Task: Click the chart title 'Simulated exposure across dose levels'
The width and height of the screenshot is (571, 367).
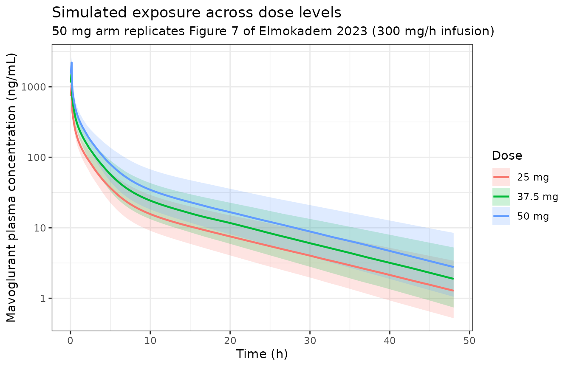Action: [x=197, y=13]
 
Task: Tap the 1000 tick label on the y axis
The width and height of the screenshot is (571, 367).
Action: [x=33, y=87]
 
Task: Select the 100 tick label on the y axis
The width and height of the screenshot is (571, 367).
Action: [x=36, y=158]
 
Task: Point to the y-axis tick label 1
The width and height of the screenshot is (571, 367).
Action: [x=43, y=299]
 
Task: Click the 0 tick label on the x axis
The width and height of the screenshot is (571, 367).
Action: [x=71, y=341]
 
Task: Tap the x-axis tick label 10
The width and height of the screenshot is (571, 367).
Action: [x=150, y=341]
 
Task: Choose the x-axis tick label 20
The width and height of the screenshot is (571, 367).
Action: [x=230, y=341]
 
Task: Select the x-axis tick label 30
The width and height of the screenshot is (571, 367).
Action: [x=310, y=341]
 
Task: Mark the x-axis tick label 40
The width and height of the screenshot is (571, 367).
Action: [x=390, y=341]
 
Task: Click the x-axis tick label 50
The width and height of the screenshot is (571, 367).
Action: [x=469, y=341]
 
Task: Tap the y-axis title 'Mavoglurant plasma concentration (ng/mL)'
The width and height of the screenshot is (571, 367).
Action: [x=11, y=188]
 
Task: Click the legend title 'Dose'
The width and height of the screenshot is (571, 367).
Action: [x=507, y=156]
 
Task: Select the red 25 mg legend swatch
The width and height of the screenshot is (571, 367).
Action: [x=501, y=177]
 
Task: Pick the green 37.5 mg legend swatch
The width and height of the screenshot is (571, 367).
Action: [x=501, y=197]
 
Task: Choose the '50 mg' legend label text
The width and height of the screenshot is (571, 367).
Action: [x=533, y=216]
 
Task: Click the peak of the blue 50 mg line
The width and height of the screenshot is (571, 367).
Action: [x=72, y=62]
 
